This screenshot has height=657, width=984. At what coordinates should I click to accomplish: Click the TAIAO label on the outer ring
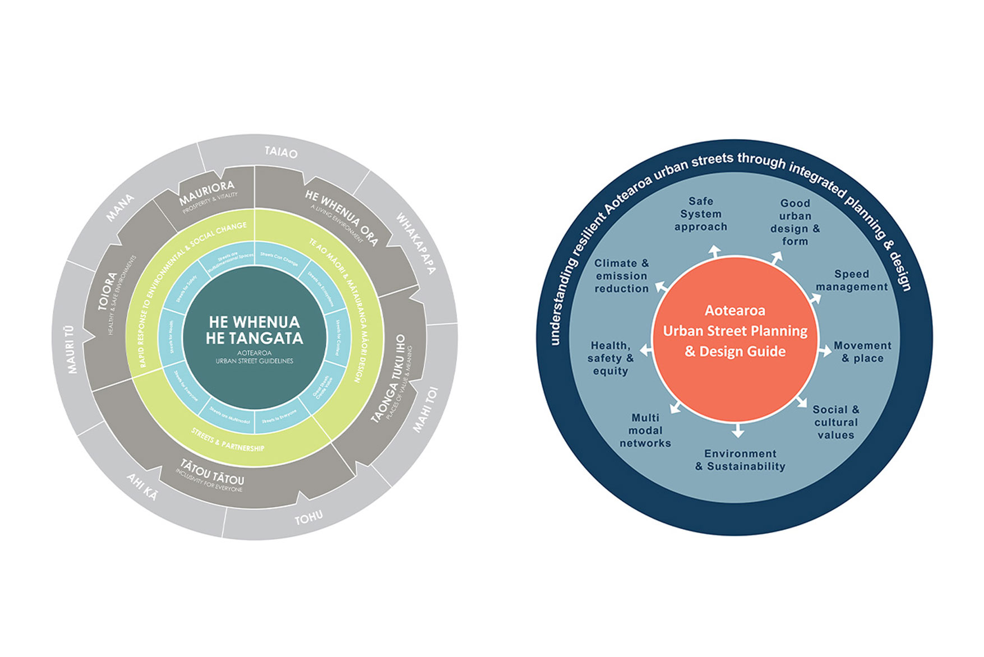281,152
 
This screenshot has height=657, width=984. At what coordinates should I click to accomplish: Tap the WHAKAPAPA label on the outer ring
415,243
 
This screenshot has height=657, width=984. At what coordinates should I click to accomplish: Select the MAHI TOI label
426,410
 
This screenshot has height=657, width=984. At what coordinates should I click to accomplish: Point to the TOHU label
309,518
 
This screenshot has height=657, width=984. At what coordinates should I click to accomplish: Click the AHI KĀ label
142,486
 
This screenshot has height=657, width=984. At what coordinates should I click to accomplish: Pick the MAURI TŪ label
71,349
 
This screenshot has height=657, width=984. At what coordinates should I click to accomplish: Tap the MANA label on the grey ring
120,207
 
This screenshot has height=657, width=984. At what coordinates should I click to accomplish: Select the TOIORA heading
108,291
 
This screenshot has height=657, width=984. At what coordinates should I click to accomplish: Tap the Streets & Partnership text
228,440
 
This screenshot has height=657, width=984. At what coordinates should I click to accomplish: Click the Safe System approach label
701,214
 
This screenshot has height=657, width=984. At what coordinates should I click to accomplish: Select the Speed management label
852,280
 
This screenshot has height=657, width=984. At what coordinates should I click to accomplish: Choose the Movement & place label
862,352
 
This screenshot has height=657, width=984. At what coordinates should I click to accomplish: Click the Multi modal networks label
645,431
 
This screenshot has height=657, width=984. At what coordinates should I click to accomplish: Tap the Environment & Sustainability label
740,460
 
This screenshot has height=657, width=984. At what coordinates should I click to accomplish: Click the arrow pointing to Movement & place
825,351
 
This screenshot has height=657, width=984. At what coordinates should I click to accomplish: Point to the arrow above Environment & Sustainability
738,431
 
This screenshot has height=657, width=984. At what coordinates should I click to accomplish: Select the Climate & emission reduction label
622,276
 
